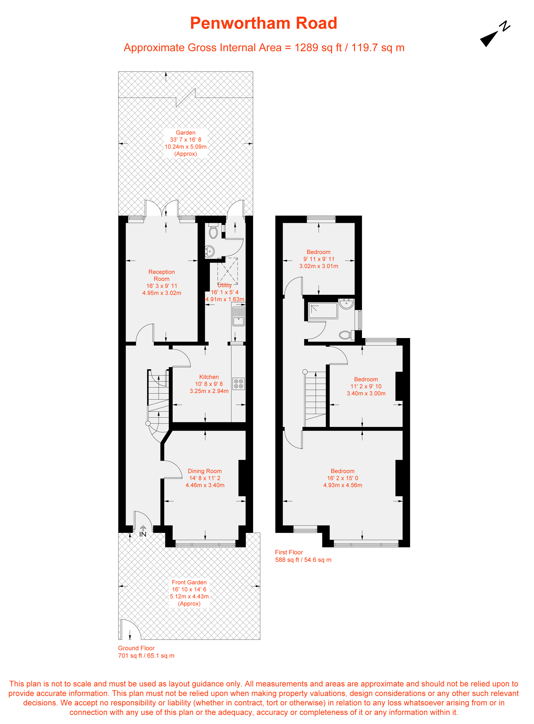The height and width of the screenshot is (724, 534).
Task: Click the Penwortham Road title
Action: pos(263,23)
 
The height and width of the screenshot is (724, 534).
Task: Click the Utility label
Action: pos(224,285)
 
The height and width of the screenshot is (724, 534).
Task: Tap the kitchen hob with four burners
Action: pos(239,384)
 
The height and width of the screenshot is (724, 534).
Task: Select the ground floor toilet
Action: pos(213,231)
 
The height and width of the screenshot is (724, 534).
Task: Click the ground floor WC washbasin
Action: pos(210,251)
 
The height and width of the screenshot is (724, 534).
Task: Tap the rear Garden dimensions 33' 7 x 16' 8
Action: pos(186,140)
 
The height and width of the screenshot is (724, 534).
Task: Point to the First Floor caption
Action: pos(289,552)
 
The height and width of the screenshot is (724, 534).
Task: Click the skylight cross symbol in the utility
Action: pos(228,271)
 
